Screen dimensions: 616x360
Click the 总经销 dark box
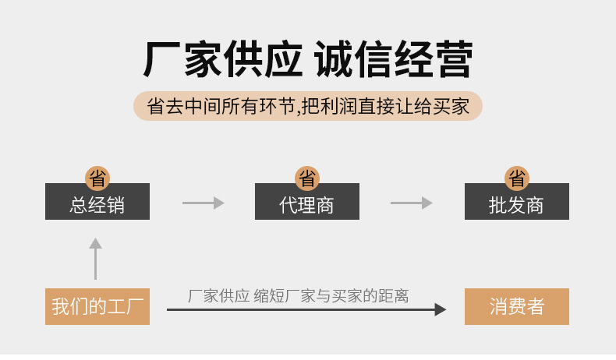tap(97, 204)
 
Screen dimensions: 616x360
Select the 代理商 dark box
tap(307, 204)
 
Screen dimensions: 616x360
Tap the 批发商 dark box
tap(516, 204)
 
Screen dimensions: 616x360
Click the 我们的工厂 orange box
tap(97, 306)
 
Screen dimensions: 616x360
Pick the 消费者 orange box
tap(516, 306)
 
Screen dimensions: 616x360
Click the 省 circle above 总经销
tap(97, 178)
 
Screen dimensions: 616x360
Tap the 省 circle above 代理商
tap(307, 178)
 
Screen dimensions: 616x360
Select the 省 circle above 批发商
tap(516, 178)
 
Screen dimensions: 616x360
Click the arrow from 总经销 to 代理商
tap(203, 203)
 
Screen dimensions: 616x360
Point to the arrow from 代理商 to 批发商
tap(411, 203)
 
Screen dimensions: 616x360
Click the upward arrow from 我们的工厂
tap(96, 259)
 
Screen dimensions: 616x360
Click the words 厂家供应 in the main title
tap(222, 60)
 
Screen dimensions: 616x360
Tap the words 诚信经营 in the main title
tap(394, 60)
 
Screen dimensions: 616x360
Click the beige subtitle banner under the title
tap(308, 106)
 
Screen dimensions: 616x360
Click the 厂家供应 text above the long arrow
tap(218, 296)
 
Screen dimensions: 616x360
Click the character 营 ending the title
tap(453, 60)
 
